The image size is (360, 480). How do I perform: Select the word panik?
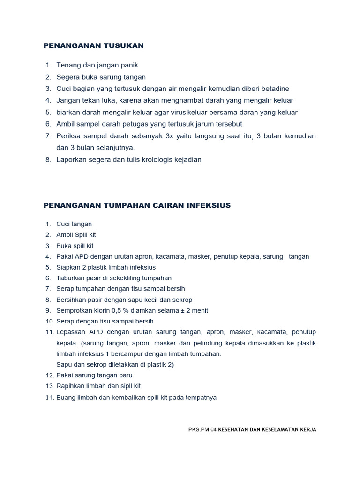129,65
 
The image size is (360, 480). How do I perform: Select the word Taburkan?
69,278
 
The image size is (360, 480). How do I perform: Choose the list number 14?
49,397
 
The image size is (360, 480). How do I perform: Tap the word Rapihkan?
70,386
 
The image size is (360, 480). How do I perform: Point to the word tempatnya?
200,397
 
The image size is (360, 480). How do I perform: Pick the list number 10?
49,322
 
